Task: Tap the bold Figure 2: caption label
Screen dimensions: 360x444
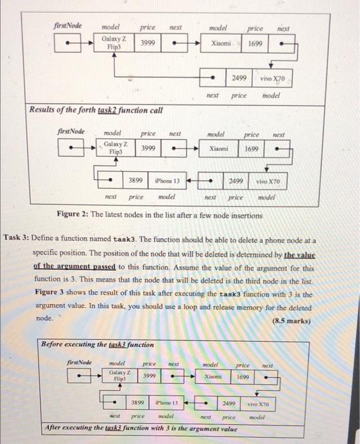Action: (76, 212)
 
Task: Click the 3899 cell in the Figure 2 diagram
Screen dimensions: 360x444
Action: (135, 180)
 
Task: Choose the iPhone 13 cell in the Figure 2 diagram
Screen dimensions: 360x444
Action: (167, 180)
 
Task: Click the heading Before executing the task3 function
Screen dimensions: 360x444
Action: (97, 344)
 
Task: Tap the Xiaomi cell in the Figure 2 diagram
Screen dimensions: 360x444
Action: (222, 148)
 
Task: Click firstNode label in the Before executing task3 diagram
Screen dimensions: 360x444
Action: (80, 363)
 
